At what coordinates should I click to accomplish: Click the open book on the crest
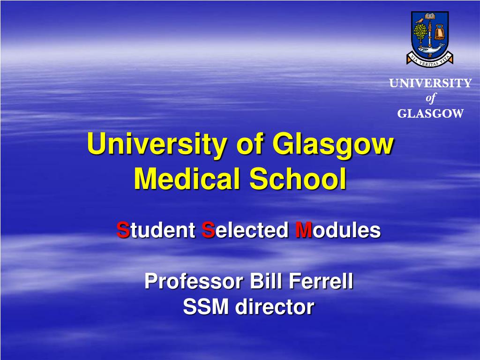(x=430, y=16)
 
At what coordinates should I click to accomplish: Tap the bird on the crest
(x=420, y=21)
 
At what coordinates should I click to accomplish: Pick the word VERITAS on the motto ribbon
(x=431, y=63)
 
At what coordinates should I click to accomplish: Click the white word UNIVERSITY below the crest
(x=430, y=83)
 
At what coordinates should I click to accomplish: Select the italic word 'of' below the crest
(x=430, y=98)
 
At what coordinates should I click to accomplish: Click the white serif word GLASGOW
(x=430, y=113)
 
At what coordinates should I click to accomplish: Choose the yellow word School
(x=298, y=179)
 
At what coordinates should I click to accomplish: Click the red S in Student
(x=123, y=230)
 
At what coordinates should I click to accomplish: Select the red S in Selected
(x=208, y=230)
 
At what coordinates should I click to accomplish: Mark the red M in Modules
(x=303, y=230)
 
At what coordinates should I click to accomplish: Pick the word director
(x=275, y=307)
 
